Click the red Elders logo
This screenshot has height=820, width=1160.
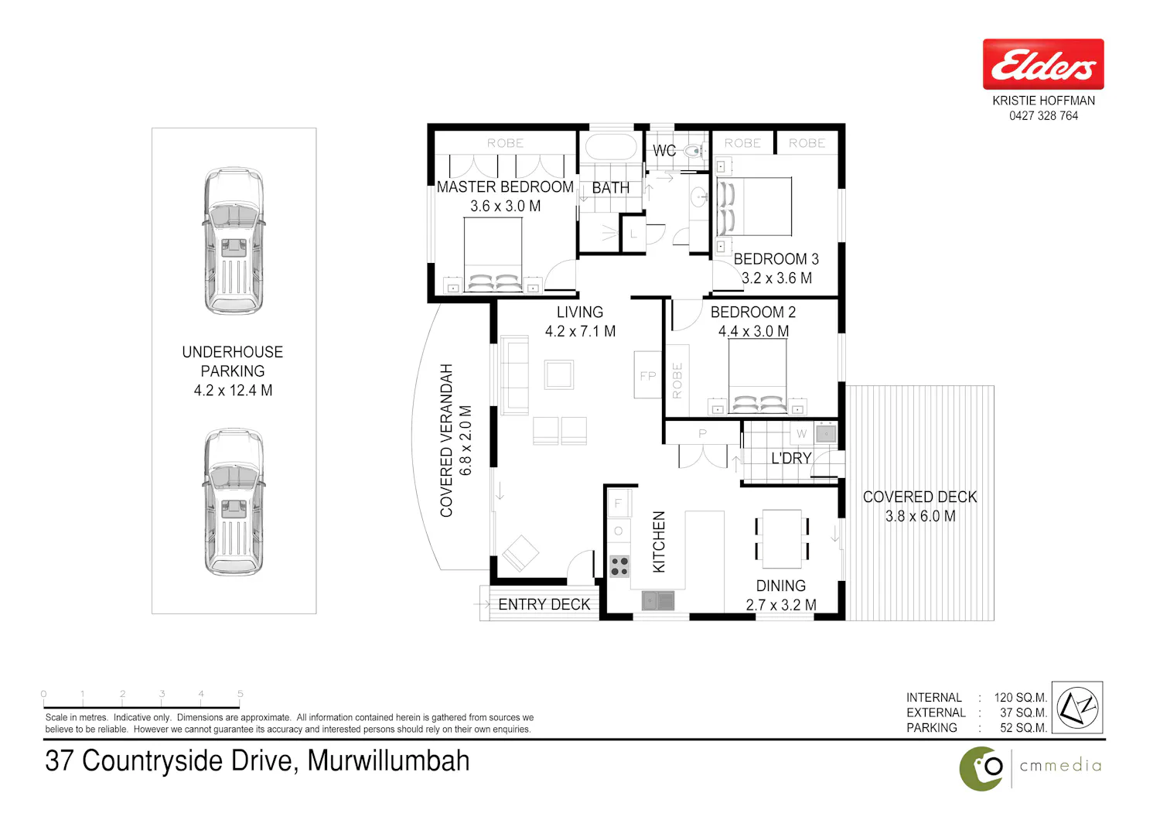point(1043,64)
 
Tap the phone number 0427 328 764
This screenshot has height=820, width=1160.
point(1043,116)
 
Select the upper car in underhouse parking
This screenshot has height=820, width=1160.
point(234,241)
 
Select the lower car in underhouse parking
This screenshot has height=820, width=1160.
point(234,501)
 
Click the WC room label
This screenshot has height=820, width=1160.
point(664,151)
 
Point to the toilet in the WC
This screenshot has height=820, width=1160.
point(694,152)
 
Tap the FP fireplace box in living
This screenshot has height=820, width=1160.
point(648,374)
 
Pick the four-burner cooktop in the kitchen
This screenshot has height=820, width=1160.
point(619,566)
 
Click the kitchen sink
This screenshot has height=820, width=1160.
point(658,601)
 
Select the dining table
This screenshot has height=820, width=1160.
point(781,538)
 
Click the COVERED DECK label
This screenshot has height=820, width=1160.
point(919,497)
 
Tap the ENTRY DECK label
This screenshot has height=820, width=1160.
point(544,604)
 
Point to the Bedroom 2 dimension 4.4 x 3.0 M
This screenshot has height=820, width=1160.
point(753,331)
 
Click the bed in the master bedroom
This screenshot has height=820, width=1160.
point(493,255)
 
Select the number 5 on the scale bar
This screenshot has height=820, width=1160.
point(241,693)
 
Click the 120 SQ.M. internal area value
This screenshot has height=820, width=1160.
point(1020,697)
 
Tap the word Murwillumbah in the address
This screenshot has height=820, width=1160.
point(388,760)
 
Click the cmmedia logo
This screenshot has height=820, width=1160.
point(1031,768)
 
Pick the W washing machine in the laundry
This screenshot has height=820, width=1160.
point(801,433)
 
